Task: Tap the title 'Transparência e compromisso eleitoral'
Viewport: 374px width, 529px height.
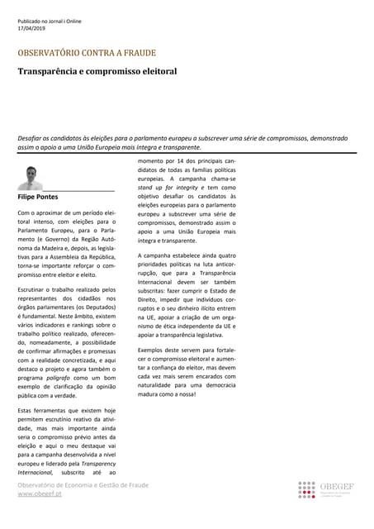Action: pyautogui.click(x=97, y=71)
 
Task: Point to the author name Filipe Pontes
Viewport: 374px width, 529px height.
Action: pyautogui.click(x=38, y=198)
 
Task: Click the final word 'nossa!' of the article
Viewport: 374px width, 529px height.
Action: pyautogui.click(x=208, y=393)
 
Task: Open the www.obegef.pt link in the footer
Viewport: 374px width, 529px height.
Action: pyautogui.click(x=39, y=493)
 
